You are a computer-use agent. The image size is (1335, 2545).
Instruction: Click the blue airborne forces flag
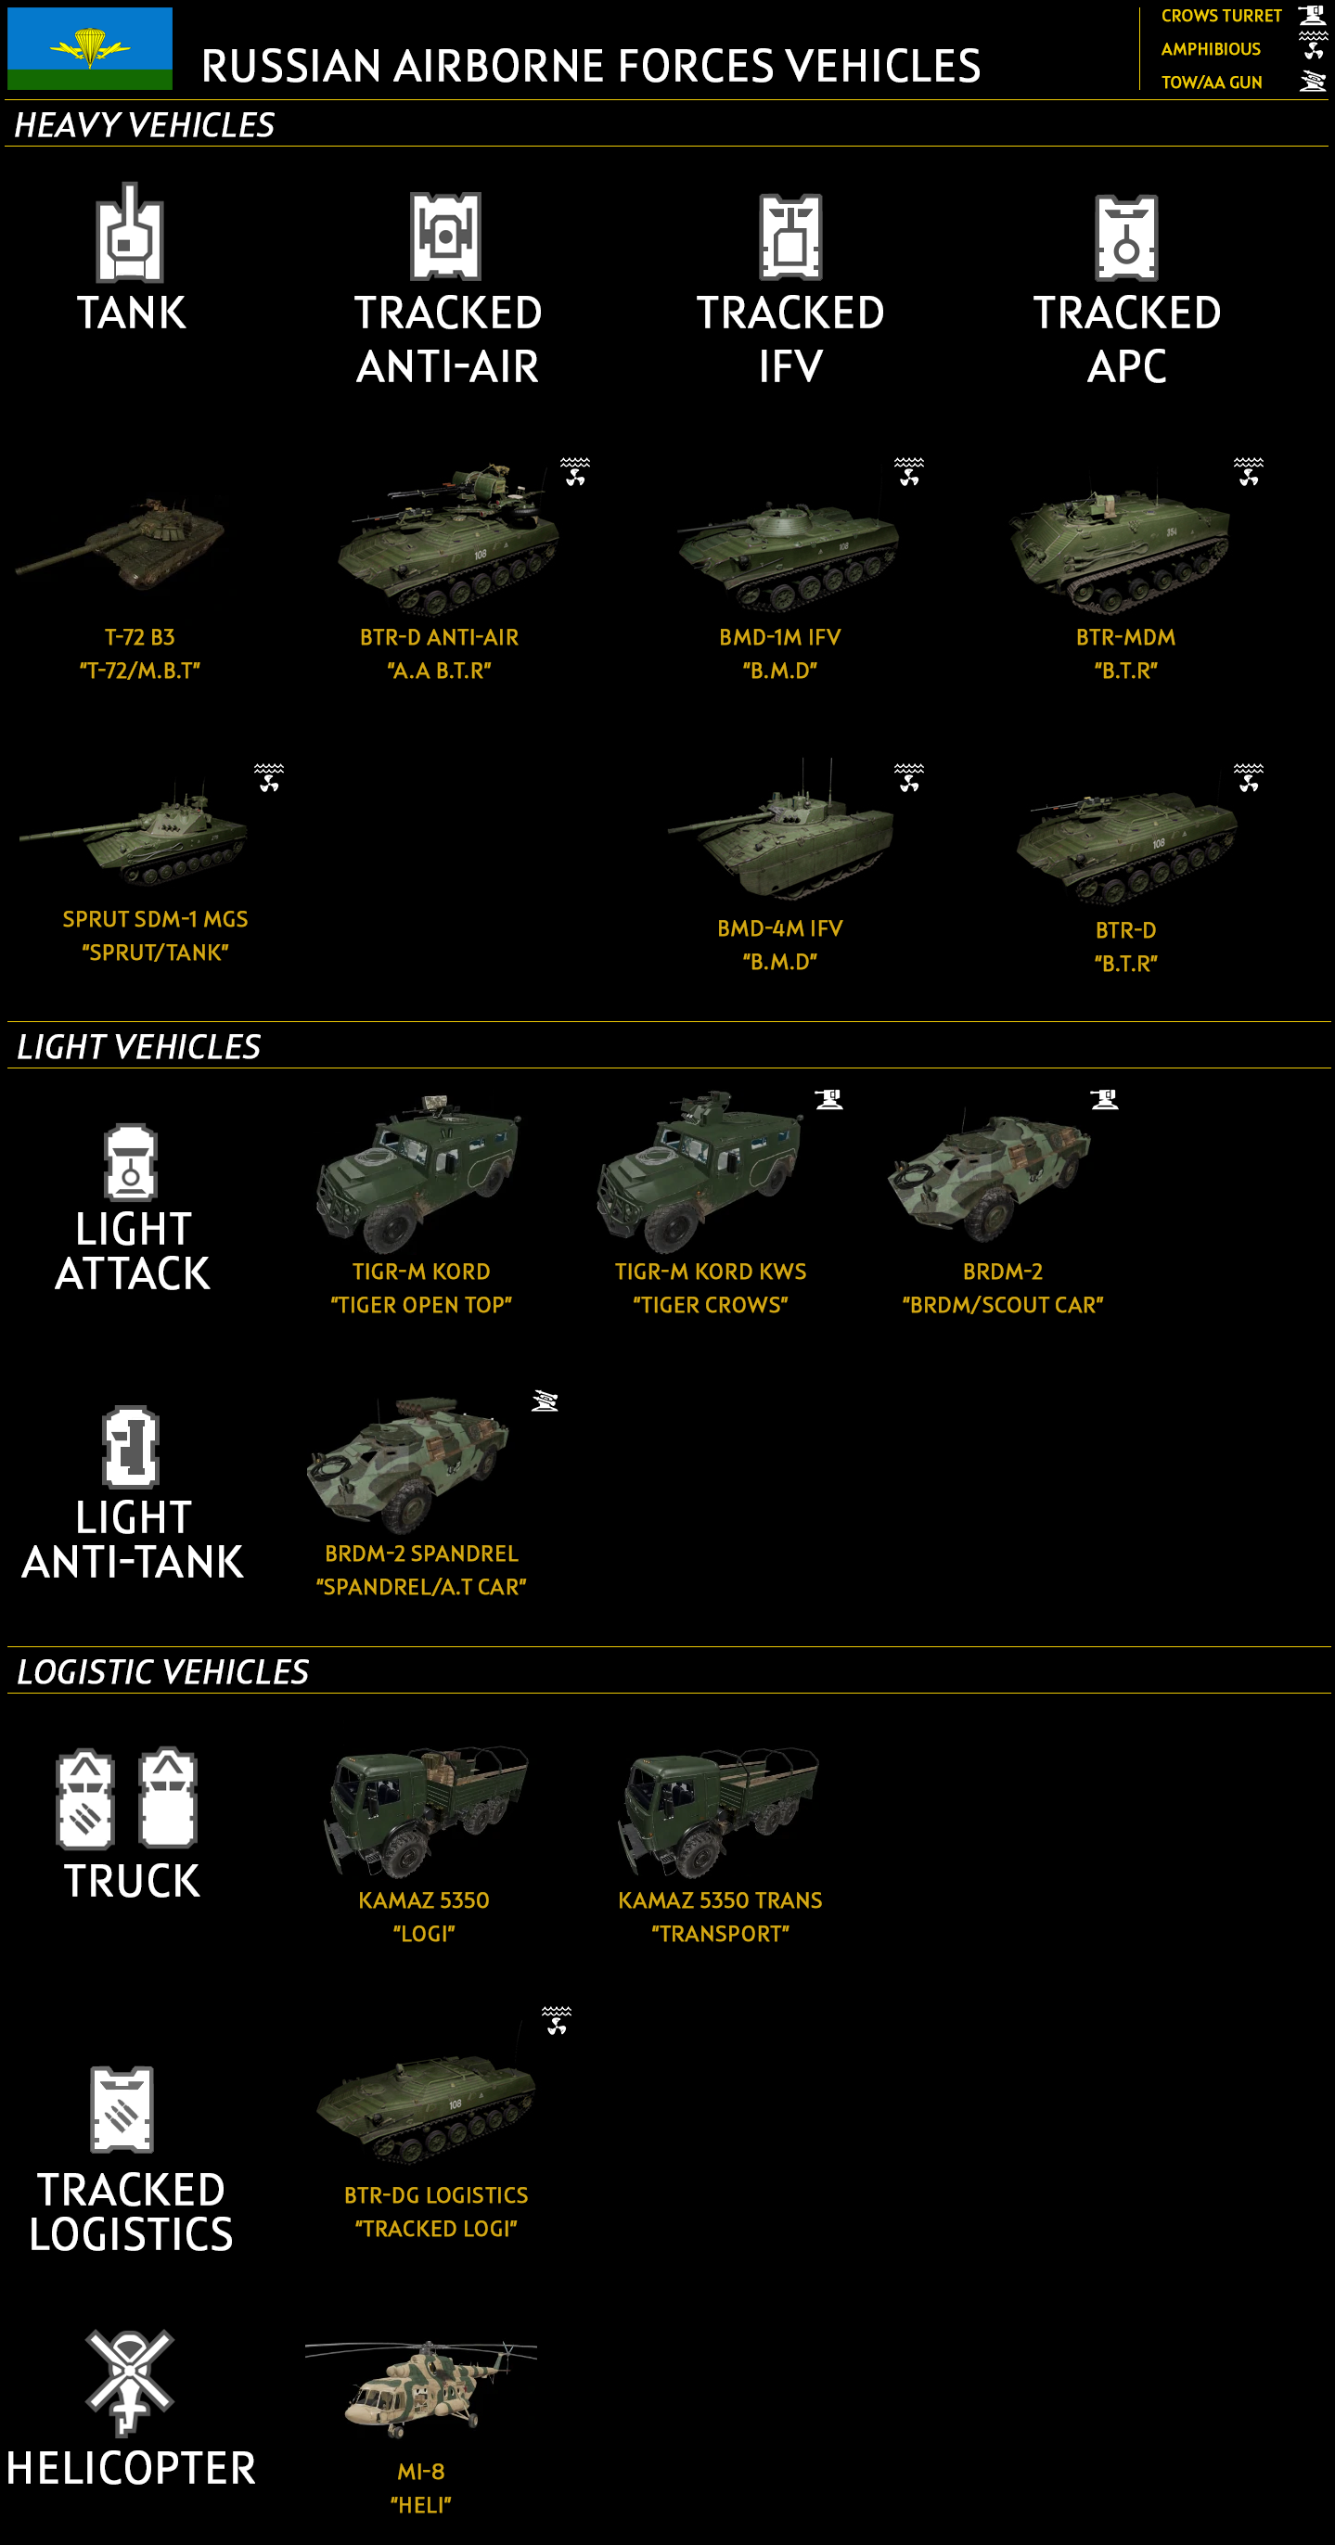click(x=90, y=48)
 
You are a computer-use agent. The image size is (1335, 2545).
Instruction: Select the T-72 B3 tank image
click(x=121, y=544)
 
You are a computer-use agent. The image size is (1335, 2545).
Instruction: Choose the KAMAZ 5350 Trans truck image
click(x=718, y=1812)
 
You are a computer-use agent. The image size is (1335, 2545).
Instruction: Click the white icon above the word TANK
click(x=130, y=233)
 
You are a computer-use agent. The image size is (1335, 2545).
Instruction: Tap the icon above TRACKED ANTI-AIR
click(x=445, y=237)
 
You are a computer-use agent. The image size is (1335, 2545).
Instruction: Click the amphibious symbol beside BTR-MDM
click(x=1248, y=471)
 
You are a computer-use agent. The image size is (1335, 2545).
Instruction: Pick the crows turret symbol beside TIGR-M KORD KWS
click(x=829, y=1099)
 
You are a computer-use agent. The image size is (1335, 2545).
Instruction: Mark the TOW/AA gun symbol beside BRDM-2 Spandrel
click(x=545, y=1400)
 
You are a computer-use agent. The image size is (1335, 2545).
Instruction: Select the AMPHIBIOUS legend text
click(x=1211, y=49)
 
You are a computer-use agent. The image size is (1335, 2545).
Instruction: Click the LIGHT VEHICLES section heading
click(x=138, y=1046)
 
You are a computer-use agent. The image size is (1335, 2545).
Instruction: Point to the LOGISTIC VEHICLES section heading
click(x=163, y=1671)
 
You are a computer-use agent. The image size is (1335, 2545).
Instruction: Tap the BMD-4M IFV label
click(x=779, y=928)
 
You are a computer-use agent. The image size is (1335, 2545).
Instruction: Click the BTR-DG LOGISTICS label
click(x=436, y=2195)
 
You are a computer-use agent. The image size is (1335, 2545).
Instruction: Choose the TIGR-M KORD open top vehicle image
click(x=419, y=1172)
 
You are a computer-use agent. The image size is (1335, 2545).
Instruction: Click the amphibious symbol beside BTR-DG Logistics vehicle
click(x=557, y=2020)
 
